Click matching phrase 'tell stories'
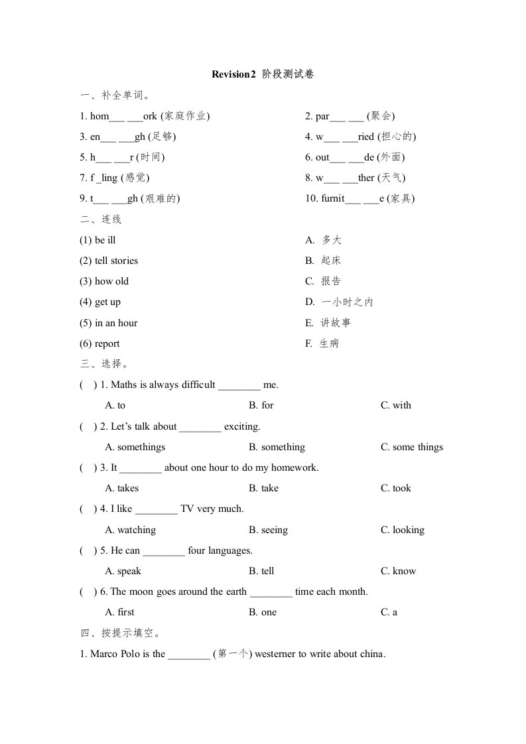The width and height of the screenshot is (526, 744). click(x=109, y=261)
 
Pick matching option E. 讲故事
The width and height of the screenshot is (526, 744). click(x=328, y=323)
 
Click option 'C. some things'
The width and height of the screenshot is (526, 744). click(x=411, y=447)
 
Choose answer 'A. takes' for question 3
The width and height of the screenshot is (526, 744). click(x=122, y=488)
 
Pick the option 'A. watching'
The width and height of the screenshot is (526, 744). click(x=131, y=530)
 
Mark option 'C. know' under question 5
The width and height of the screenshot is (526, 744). click(x=398, y=571)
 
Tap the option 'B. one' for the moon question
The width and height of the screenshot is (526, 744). click(x=263, y=612)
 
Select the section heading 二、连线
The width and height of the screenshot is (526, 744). click(x=100, y=219)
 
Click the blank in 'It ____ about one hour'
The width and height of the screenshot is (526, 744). click(x=141, y=468)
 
